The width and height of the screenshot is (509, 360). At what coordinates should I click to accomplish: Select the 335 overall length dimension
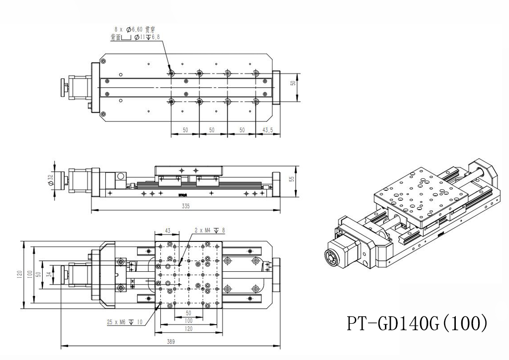pyautogui.click(x=185, y=206)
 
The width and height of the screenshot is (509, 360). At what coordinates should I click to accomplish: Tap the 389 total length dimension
pyautogui.click(x=170, y=342)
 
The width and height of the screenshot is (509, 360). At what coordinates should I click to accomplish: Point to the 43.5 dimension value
pyautogui.click(x=268, y=130)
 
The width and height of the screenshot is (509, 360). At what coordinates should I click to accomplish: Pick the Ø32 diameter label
pyautogui.click(x=50, y=180)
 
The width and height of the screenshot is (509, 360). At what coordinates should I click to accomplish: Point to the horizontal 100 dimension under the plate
pyautogui.click(x=189, y=320)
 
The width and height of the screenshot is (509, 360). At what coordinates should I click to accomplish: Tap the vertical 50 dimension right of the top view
pyautogui.click(x=294, y=83)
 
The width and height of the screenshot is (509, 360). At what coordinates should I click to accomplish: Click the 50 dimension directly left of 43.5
pyautogui.click(x=242, y=130)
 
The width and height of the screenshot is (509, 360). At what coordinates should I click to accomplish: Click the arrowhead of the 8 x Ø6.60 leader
pyautogui.click(x=170, y=72)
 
